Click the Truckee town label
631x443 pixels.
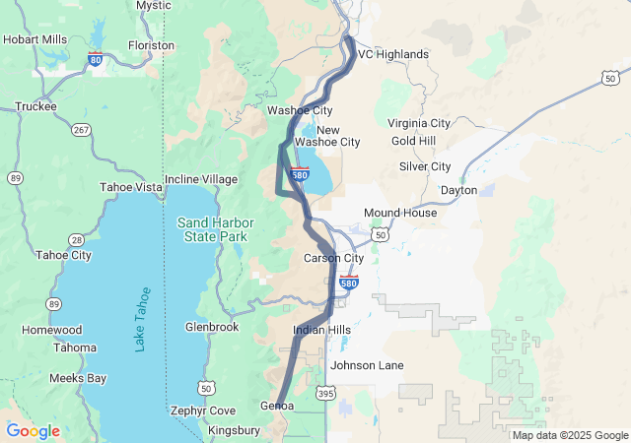coord(35,106)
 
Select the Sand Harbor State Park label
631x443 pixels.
coord(212,229)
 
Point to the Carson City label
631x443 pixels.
coord(333,258)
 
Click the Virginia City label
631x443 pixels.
coord(418,123)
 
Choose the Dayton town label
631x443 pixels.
coord(458,189)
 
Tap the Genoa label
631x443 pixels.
coord(277,406)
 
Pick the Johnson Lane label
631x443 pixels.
coord(367,365)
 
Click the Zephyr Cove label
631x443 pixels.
coord(202,411)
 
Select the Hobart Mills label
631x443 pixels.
coord(35,39)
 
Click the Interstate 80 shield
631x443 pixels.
coord(95,60)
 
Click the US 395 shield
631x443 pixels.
coord(324,393)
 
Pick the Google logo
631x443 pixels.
coord(33,431)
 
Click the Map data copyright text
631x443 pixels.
coord(570,435)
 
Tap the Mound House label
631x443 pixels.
coord(399,213)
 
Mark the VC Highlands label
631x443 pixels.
coord(392,54)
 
